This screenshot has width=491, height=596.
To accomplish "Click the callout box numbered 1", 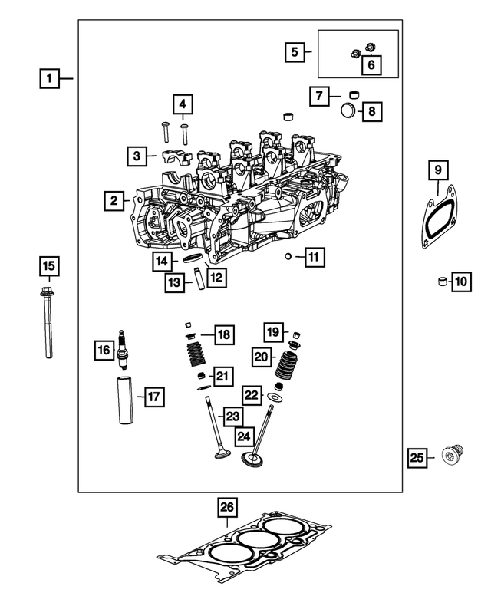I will tap(49, 77).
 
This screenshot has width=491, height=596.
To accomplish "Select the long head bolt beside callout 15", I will tap(48, 322).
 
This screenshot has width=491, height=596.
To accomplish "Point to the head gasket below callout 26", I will tap(244, 545).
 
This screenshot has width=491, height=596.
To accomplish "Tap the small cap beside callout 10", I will tap(441, 282).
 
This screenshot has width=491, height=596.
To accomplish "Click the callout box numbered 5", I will tap(294, 52).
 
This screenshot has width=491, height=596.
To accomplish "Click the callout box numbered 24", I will tap(244, 436).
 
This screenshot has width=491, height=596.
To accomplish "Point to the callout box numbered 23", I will tap(232, 417).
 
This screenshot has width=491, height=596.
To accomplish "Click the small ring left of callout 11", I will tap(287, 256).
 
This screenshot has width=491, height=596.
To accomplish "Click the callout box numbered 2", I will tap(114, 201).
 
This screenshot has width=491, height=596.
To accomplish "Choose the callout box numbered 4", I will tap(183, 104).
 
